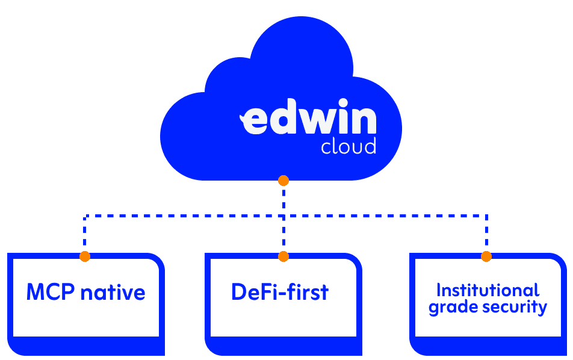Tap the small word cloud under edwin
[x=348, y=146]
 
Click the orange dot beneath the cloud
[x=283, y=181]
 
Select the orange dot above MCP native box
[x=85, y=256]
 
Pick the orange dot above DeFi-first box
[x=283, y=256]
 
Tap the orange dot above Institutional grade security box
[x=486, y=256]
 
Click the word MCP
[x=51, y=293]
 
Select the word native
[x=113, y=293]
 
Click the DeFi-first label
[x=280, y=292]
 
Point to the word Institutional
[x=488, y=290]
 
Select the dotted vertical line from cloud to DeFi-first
[x=283, y=217]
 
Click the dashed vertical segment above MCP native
[x=85, y=235]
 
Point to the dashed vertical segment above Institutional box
[x=486, y=235]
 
